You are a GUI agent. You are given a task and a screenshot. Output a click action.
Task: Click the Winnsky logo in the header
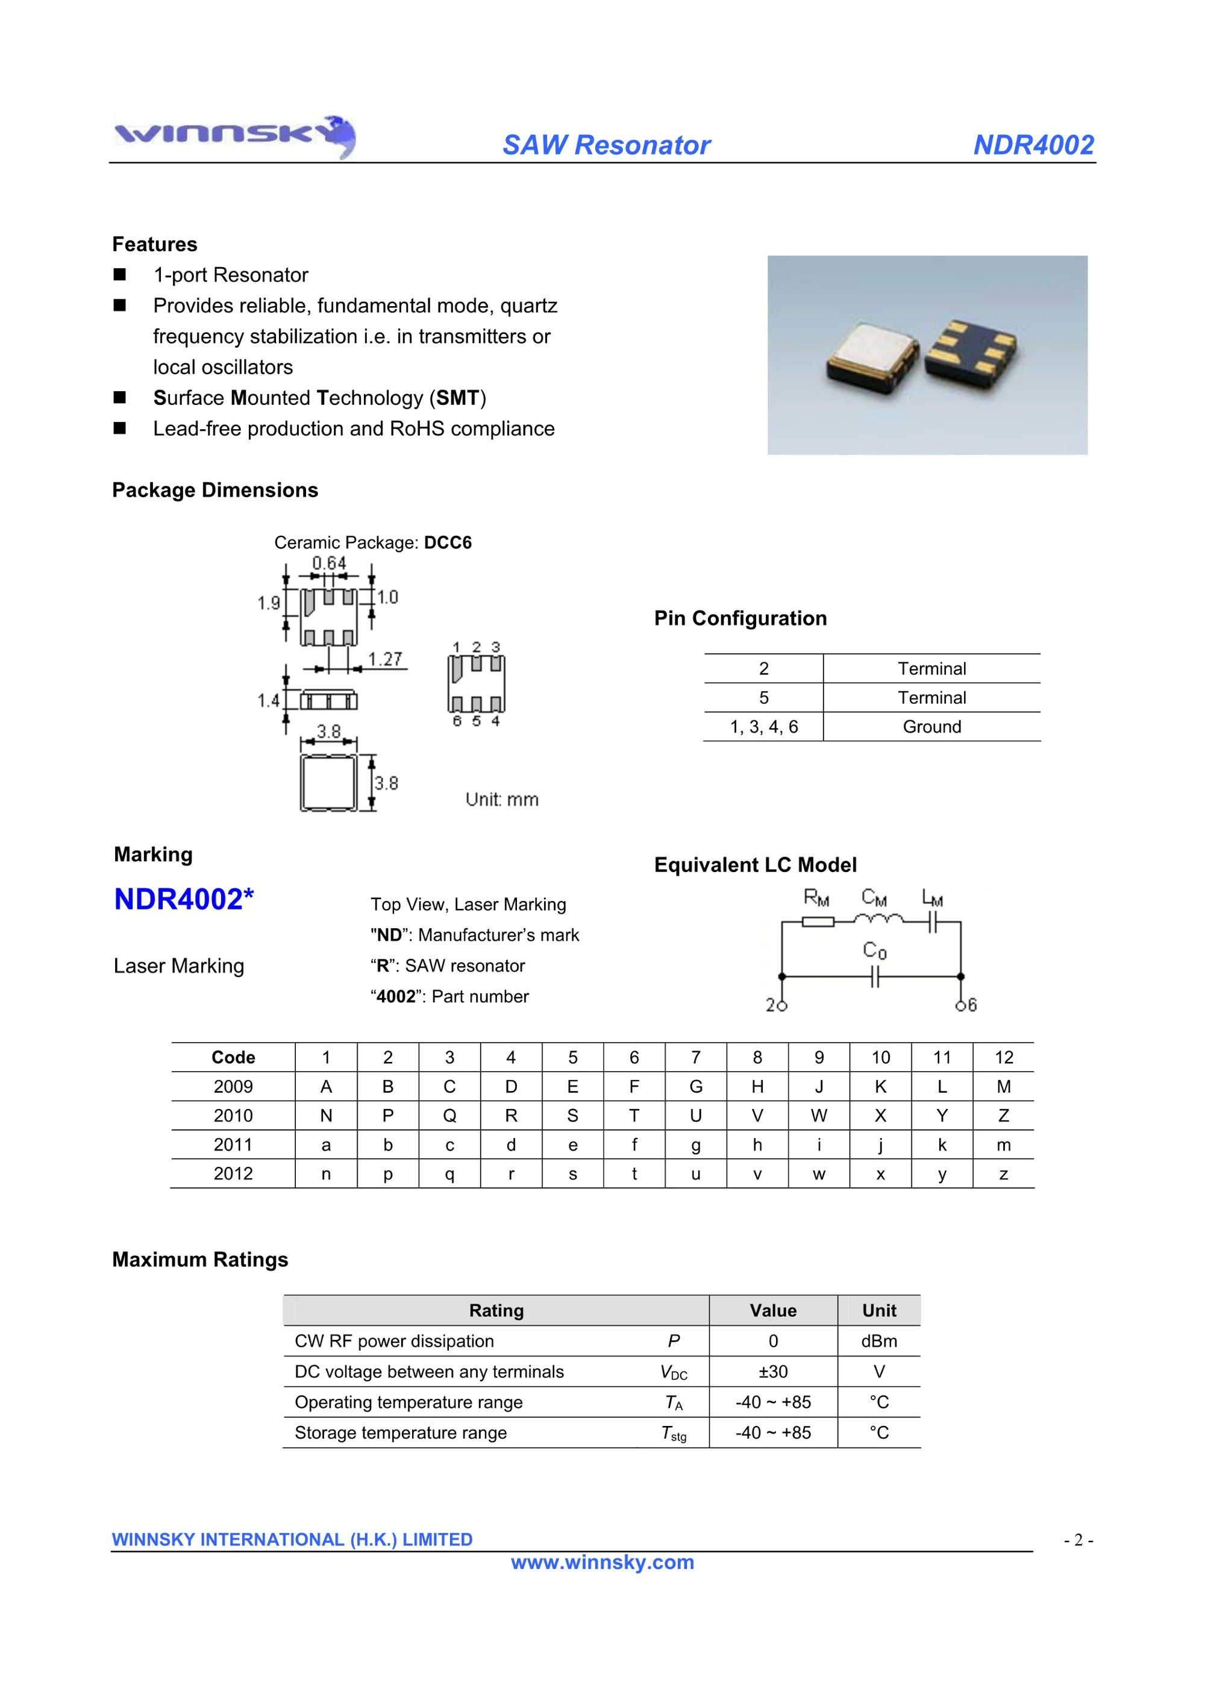tap(234, 136)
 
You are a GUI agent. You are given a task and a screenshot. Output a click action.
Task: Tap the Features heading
tap(154, 244)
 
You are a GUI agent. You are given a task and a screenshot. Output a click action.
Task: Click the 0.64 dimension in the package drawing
tap(328, 563)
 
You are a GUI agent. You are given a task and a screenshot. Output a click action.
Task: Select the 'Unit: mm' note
tap(502, 800)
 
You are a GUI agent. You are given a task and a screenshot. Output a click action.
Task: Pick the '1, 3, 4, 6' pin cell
tap(763, 727)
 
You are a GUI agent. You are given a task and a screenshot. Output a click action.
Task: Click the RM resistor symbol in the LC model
tap(818, 922)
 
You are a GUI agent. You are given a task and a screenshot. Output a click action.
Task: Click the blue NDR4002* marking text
tap(183, 899)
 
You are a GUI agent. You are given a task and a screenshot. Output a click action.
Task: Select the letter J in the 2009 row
tap(819, 1087)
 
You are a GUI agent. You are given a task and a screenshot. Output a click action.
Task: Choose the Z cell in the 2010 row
tap(1003, 1116)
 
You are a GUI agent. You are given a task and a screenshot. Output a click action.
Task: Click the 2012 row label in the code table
tap(233, 1174)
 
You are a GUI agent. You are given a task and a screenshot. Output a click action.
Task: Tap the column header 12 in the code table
tap(1003, 1058)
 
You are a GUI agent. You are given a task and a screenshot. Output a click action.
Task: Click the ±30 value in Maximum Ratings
tap(773, 1372)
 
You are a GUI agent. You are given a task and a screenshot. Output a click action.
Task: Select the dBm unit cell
tap(879, 1341)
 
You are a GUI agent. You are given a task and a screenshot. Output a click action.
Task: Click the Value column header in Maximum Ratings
tap(773, 1311)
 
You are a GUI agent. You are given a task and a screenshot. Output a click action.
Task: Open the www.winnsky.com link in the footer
tap(602, 1562)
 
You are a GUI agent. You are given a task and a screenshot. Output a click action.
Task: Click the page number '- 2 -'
tap(1078, 1540)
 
